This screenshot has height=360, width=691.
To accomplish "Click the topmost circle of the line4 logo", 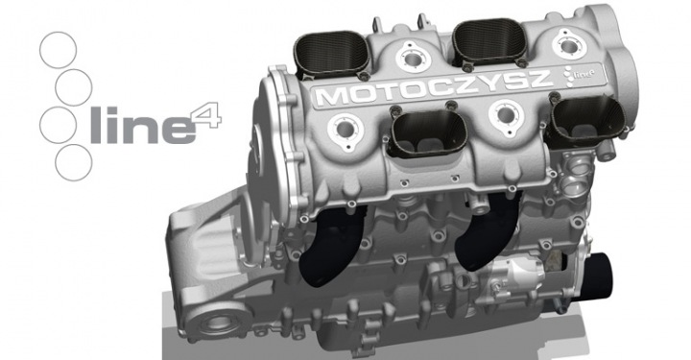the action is [59, 33].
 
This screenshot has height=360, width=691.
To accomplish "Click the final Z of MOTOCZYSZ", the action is [536, 80].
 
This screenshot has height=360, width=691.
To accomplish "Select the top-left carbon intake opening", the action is [331, 53].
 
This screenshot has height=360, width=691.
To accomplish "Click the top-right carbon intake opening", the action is [489, 42].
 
